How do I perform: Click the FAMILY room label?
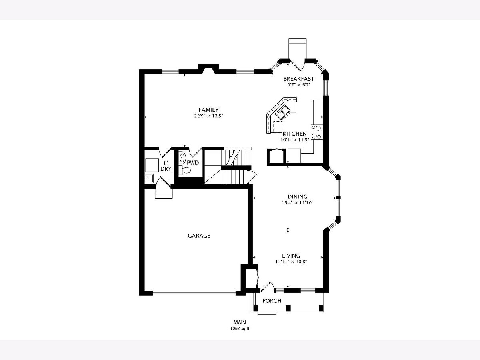(208, 110)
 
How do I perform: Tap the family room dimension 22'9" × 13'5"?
(208, 116)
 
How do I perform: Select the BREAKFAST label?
(299, 79)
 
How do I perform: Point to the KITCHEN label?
(294, 134)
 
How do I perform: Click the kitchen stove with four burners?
(317, 132)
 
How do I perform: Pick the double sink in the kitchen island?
(283, 112)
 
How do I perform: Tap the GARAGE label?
(199, 236)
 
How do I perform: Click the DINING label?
(298, 196)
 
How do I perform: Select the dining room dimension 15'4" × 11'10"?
(298, 203)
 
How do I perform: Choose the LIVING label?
(291, 256)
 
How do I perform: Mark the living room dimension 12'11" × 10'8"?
(291, 262)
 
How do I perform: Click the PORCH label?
(272, 301)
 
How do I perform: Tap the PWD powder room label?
(193, 163)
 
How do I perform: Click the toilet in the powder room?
(185, 170)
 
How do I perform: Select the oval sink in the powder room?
(182, 158)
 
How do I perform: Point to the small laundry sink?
(150, 178)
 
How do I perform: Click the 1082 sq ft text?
(240, 328)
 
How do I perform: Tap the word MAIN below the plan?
(240, 322)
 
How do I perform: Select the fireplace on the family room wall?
(209, 69)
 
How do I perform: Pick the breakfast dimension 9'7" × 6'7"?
(299, 85)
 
